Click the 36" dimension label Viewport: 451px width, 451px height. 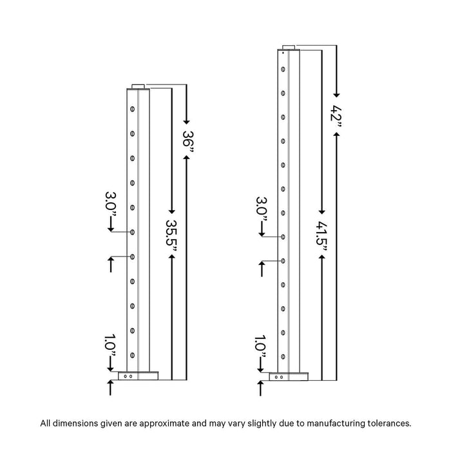pyautogui.click(x=188, y=142)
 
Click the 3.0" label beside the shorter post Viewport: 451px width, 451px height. pyautogui.click(x=111, y=204)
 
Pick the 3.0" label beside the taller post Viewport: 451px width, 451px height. pyautogui.click(x=262, y=209)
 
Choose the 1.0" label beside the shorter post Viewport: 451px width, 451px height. pyautogui.click(x=110, y=346)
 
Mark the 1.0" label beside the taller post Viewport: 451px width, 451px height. pyautogui.click(x=260, y=347)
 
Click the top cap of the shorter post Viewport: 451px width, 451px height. pyautogui.click(x=138, y=86)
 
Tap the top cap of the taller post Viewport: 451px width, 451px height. pyautogui.click(x=289, y=48)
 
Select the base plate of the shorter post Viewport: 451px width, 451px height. pyautogui.click(x=138, y=376)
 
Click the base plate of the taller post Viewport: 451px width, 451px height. pyautogui.click(x=289, y=376)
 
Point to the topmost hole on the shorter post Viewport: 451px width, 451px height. pyautogui.click(x=132, y=109)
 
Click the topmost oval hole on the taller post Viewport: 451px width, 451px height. pyautogui.click(x=283, y=70)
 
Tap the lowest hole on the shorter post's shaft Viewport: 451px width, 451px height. pyautogui.click(x=132, y=355)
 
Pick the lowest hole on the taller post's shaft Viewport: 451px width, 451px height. pyautogui.click(x=283, y=357)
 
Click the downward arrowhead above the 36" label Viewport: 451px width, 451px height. pyautogui.click(x=186, y=122)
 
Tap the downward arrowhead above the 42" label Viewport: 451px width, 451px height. pyautogui.click(x=336, y=95)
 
